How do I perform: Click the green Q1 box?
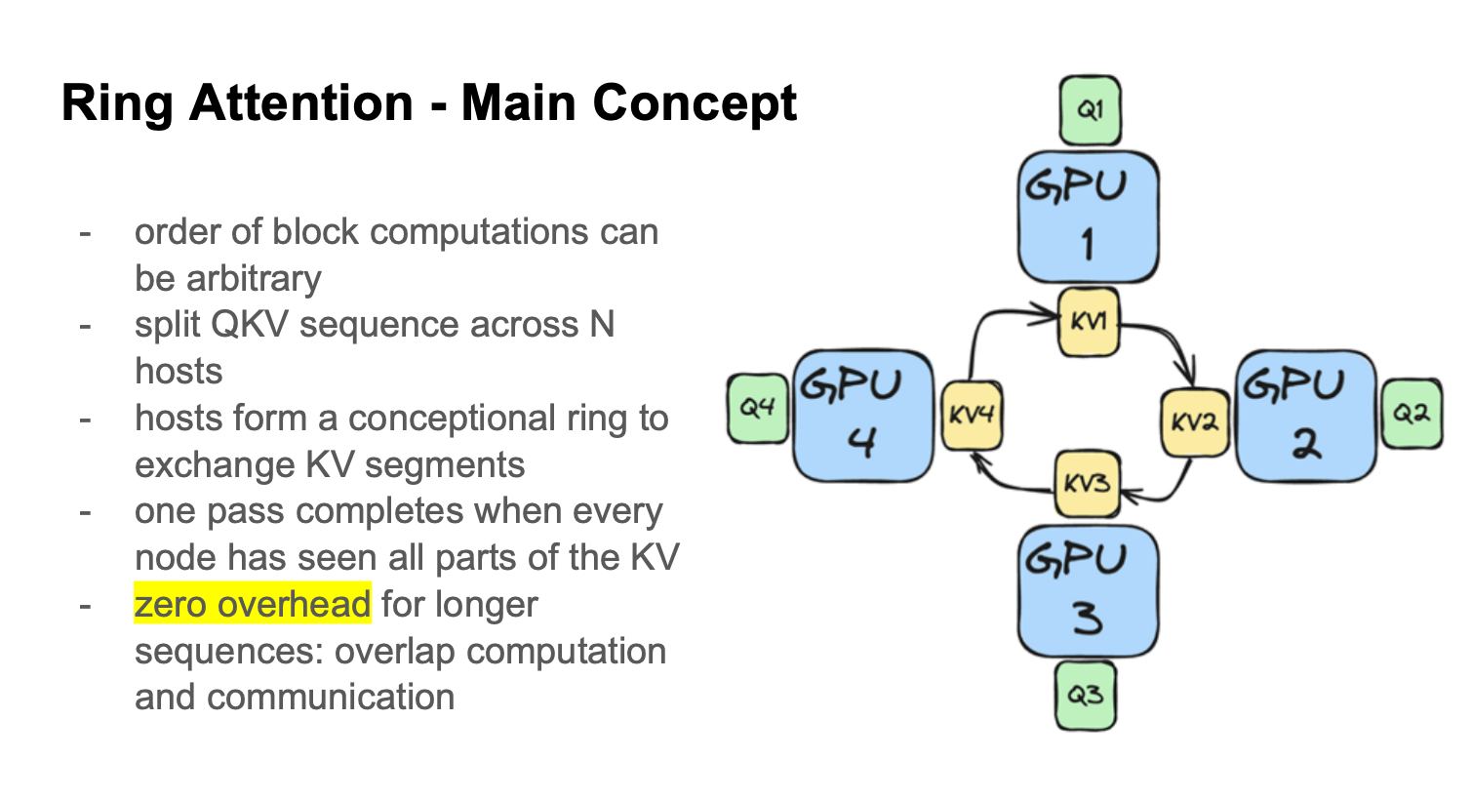point(1091,110)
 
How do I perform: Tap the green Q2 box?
point(1411,413)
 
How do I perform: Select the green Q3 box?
point(1086,696)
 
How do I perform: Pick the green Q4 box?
point(758,408)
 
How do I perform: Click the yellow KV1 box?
point(1089,322)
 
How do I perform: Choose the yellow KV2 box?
point(1195,423)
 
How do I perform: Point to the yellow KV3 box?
point(1087,484)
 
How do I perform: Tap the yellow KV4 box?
point(972,415)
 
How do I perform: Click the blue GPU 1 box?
point(1089,217)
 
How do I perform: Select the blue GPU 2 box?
point(1305,416)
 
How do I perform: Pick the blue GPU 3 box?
point(1089,591)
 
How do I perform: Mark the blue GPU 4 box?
point(863,416)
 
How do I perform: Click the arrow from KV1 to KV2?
point(1173,340)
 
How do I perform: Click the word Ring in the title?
point(117,103)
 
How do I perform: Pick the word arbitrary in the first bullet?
point(254,279)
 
